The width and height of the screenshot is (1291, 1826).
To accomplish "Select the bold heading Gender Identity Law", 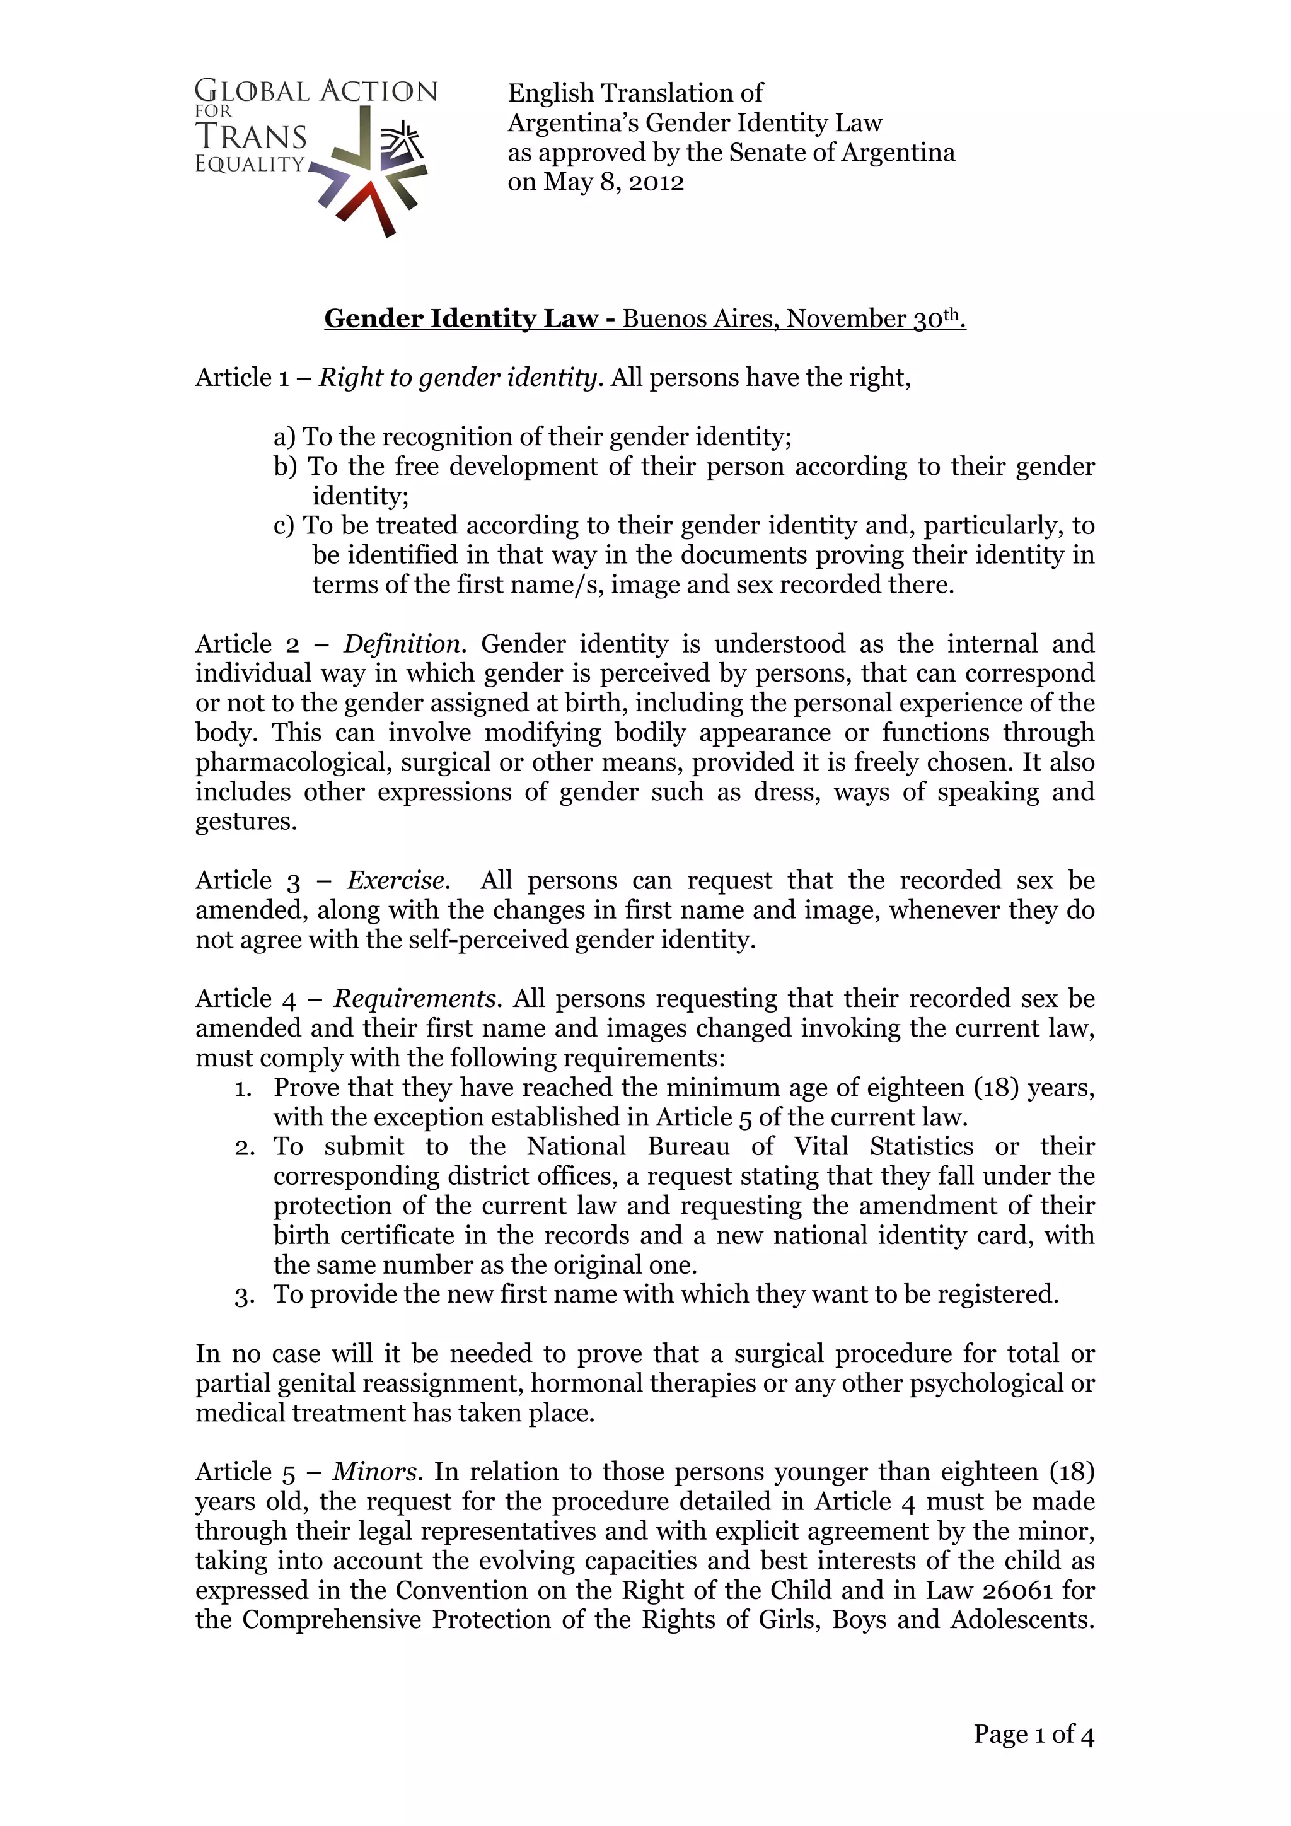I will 461,318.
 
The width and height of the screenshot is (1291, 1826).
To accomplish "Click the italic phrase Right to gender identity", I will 457,377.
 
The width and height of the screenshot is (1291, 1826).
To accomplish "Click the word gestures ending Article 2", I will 246,821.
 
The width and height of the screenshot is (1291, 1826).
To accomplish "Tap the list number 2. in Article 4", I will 244,1147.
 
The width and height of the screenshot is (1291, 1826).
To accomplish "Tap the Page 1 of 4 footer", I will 1033,1735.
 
